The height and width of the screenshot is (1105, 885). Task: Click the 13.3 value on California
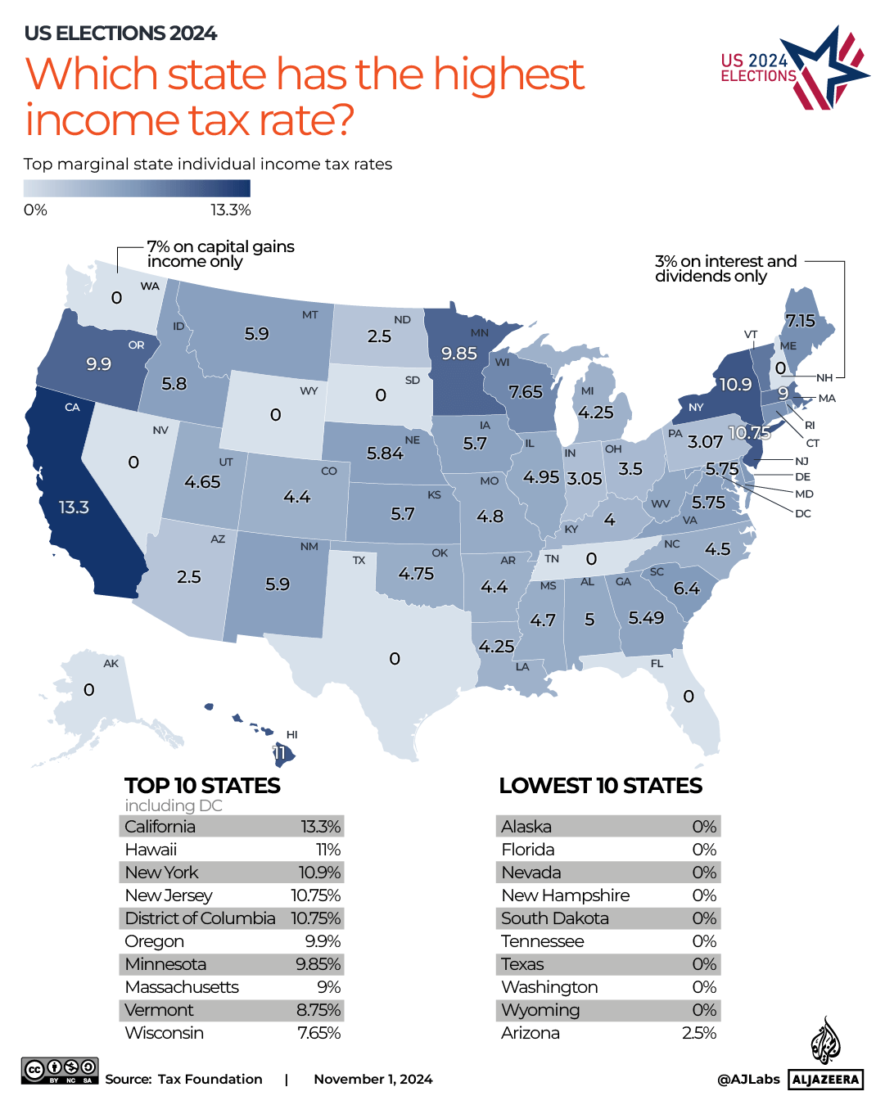click(74, 507)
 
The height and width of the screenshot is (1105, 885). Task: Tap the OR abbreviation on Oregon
click(136, 345)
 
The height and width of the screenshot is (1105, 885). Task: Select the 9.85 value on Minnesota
click(459, 354)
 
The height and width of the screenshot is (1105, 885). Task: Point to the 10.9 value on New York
click(735, 385)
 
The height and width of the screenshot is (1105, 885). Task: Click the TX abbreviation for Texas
click(359, 561)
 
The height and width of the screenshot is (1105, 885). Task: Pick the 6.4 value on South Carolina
click(686, 589)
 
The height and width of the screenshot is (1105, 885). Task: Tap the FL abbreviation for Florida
click(657, 664)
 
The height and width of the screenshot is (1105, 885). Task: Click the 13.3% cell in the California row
click(320, 827)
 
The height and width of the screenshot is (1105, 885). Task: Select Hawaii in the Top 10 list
click(151, 850)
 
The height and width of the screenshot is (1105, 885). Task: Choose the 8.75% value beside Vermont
click(318, 1010)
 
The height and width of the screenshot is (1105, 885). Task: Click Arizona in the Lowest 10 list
click(531, 1033)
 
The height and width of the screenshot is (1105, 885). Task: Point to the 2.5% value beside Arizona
click(698, 1033)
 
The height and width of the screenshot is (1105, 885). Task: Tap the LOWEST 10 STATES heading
click(600, 786)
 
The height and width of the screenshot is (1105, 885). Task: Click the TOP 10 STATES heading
click(202, 786)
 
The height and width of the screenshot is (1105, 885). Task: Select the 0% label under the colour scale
click(35, 210)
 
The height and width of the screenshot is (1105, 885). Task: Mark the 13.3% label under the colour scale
click(230, 210)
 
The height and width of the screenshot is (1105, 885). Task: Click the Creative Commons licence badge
click(60, 1071)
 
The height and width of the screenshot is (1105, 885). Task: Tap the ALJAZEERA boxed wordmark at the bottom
click(825, 1080)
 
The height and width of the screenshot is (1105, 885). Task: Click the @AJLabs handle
click(748, 1080)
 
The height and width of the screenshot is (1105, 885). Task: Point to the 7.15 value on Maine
click(800, 321)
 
